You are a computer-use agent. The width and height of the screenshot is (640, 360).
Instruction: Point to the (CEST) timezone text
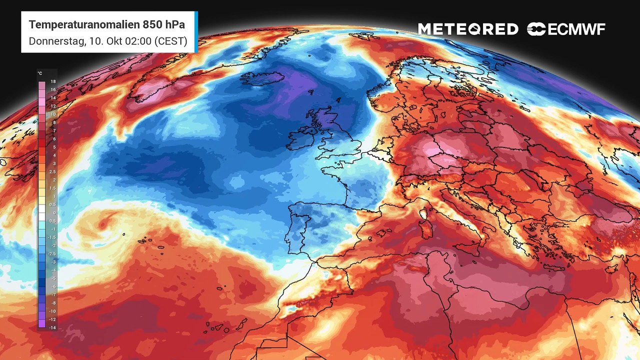[x=172, y=41]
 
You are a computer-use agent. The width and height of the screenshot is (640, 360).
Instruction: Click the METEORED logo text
[x=468, y=29]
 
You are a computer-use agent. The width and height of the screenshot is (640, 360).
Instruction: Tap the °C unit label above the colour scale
[x=39, y=73]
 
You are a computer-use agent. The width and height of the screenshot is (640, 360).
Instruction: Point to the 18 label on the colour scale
[x=53, y=81]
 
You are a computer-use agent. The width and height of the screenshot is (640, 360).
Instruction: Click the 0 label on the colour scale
[x=53, y=213]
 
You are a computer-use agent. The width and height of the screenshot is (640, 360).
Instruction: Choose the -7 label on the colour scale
[x=53, y=295]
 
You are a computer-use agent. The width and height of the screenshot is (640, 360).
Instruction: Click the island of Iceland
[x=260, y=79]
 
